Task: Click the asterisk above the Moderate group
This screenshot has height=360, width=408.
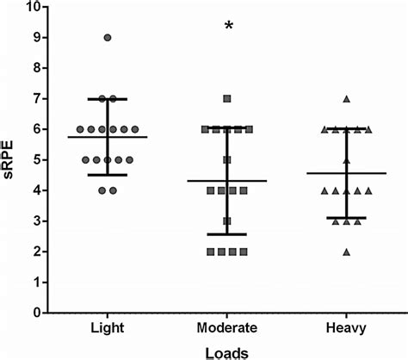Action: (x=229, y=26)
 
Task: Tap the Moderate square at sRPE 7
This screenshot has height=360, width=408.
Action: (x=227, y=99)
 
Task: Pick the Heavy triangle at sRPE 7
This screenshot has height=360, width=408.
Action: (x=347, y=99)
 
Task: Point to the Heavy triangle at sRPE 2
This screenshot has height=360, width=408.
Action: (x=347, y=251)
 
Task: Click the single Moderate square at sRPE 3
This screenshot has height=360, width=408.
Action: (x=227, y=221)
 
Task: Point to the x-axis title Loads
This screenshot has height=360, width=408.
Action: (x=227, y=351)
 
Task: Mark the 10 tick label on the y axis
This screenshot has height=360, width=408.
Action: (x=32, y=8)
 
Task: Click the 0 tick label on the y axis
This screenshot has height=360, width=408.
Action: (x=35, y=313)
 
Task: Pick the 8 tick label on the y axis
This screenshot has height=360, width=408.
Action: (x=35, y=69)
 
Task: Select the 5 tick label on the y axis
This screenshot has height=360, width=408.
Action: (x=35, y=160)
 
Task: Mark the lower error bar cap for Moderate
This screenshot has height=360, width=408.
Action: (x=227, y=234)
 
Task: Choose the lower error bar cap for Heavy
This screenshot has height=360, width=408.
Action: (x=347, y=218)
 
